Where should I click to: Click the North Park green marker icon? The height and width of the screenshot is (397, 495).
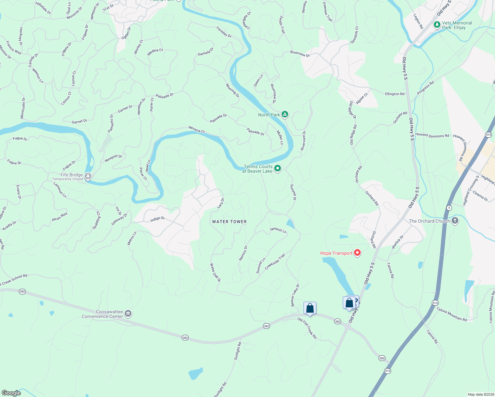click(285, 115)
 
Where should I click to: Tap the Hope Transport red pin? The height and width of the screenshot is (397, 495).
click(357, 253)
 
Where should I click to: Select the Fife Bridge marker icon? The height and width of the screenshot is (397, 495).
click(88, 176)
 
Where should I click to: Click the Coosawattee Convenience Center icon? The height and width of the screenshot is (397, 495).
click(128, 314)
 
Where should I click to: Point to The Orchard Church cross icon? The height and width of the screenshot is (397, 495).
click(455, 221)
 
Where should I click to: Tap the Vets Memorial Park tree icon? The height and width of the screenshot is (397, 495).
click(437, 25)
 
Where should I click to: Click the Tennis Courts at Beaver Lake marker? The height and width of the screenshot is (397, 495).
click(278, 169)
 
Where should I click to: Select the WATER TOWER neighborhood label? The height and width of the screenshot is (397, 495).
click(229, 222)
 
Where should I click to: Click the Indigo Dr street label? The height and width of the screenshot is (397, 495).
click(157, 219)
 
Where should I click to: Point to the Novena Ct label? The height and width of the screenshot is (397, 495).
click(197, 129)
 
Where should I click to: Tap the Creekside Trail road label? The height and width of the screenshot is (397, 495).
click(275, 262)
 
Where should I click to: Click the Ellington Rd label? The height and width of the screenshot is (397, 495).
click(394, 94)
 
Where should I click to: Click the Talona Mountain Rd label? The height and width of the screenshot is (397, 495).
click(452, 314)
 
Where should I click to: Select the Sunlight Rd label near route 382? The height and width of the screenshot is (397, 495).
click(238, 351)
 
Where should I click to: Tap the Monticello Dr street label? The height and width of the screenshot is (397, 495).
click(22, 108)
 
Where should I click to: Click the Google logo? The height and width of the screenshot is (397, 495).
click(11, 393)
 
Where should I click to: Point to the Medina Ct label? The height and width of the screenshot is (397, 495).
click(155, 52)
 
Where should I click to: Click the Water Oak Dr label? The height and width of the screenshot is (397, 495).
click(215, 272)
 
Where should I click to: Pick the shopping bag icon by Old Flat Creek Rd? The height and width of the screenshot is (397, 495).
click(310, 308)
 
